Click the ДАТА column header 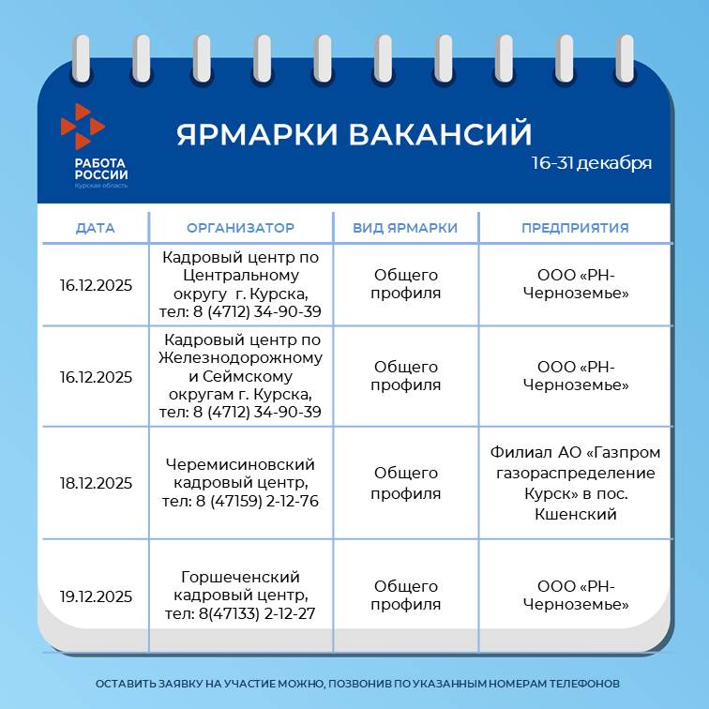(x=95, y=228)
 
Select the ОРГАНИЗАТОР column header (x=240, y=228)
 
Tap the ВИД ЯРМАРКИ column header (x=405, y=228)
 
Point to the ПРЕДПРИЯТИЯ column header (x=575, y=228)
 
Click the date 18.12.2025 (x=96, y=483)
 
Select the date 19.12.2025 (x=96, y=596)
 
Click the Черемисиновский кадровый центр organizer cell (x=240, y=482)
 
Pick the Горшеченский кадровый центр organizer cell (x=240, y=595)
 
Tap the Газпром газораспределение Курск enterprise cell (x=575, y=483)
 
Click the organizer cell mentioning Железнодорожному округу (x=240, y=376)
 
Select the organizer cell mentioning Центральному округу (x=240, y=284)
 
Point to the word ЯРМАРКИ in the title (x=257, y=134)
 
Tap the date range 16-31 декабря (x=592, y=163)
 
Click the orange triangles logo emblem (x=83, y=127)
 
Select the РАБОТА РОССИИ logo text (x=101, y=169)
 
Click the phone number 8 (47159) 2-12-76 (x=257, y=501)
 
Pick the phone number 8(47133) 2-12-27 (x=257, y=613)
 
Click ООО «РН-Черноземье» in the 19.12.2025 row (x=576, y=595)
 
